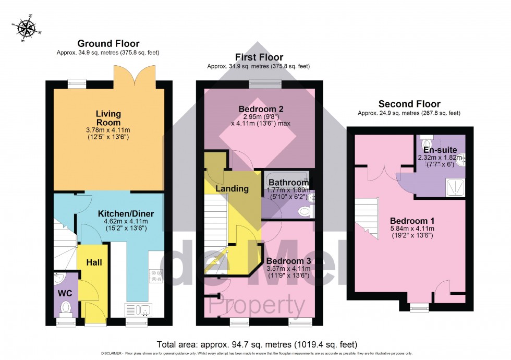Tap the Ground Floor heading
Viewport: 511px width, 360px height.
tap(108, 43)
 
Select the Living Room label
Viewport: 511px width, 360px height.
tap(108, 118)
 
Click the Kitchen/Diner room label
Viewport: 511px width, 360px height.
tap(126, 214)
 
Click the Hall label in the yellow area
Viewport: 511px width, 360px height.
tap(94, 262)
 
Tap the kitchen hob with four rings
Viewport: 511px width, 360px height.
tap(156, 275)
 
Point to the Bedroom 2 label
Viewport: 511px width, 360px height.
tap(261, 109)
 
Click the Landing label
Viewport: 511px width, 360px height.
tap(232, 188)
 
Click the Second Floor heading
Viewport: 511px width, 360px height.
tap(409, 104)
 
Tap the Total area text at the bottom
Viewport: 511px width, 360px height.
tap(257, 344)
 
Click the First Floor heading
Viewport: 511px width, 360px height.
tap(259, 57)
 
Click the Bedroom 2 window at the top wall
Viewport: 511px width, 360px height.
tap(265, 81)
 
